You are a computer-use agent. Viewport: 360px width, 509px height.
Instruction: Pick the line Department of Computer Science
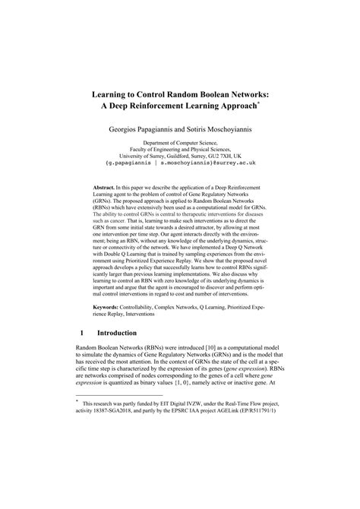tap(180, 143)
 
